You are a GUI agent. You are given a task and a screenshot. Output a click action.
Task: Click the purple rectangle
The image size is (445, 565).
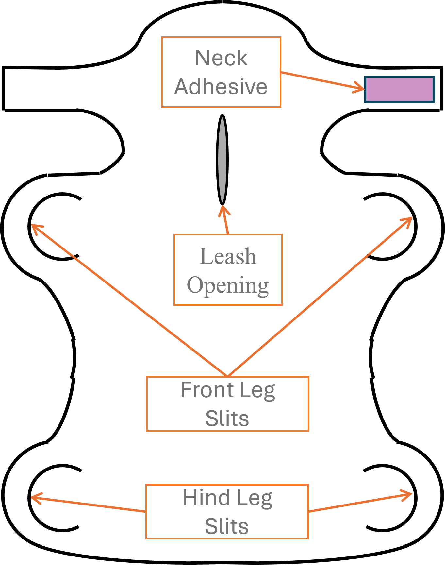[x=399, y=89]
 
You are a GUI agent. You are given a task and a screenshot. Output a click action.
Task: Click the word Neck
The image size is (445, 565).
[x=222, y=58]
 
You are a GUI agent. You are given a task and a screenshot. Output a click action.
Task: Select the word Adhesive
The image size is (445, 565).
[x=221, y=87]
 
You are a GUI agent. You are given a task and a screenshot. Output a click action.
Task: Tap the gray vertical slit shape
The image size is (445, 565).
[x=222, y=160]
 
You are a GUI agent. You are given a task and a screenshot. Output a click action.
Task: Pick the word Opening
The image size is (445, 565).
[x=228, y=285]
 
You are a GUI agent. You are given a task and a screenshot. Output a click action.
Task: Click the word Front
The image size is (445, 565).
[x=207, y=390]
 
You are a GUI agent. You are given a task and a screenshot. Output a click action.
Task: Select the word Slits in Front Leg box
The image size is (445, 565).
[x=227, y=419]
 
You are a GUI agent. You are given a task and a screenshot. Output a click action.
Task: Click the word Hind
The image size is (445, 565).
[x=206, y=498]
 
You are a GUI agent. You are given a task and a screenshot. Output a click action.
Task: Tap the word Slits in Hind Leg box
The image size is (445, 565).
[x=227, y=526]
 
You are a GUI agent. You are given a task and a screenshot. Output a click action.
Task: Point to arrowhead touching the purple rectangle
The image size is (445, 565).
[x=361, y=88]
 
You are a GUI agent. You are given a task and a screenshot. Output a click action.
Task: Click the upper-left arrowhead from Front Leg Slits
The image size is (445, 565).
[x=34, y=226]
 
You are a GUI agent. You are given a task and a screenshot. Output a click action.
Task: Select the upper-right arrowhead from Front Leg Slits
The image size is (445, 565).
[x=409, y=219]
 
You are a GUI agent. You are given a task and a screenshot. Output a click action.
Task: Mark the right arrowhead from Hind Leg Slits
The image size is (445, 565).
[x=409, y=495]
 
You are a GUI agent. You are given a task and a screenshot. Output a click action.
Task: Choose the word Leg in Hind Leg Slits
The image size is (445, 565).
[x=255, y=499]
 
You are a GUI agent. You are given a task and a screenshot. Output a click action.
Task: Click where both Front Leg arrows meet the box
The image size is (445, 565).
[x=227, y=376]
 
